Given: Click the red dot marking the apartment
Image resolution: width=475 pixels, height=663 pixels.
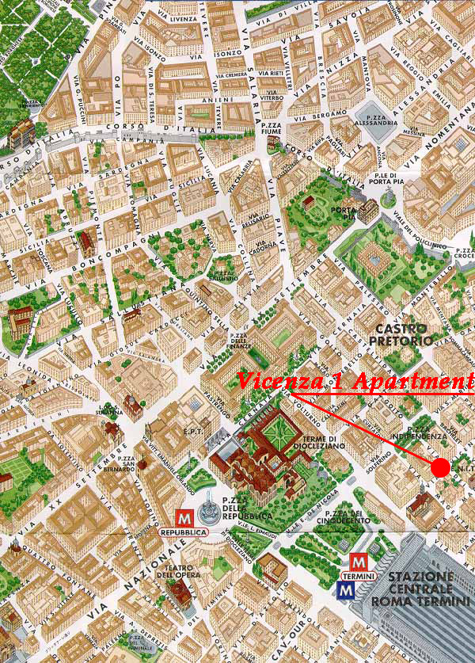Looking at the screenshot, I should point(441,467).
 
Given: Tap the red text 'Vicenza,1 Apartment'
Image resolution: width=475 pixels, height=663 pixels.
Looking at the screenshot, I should point(355,381).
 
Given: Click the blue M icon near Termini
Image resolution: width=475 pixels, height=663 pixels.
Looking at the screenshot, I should point(346,589).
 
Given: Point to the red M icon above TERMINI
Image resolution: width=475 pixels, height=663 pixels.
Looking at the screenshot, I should point(358,562).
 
